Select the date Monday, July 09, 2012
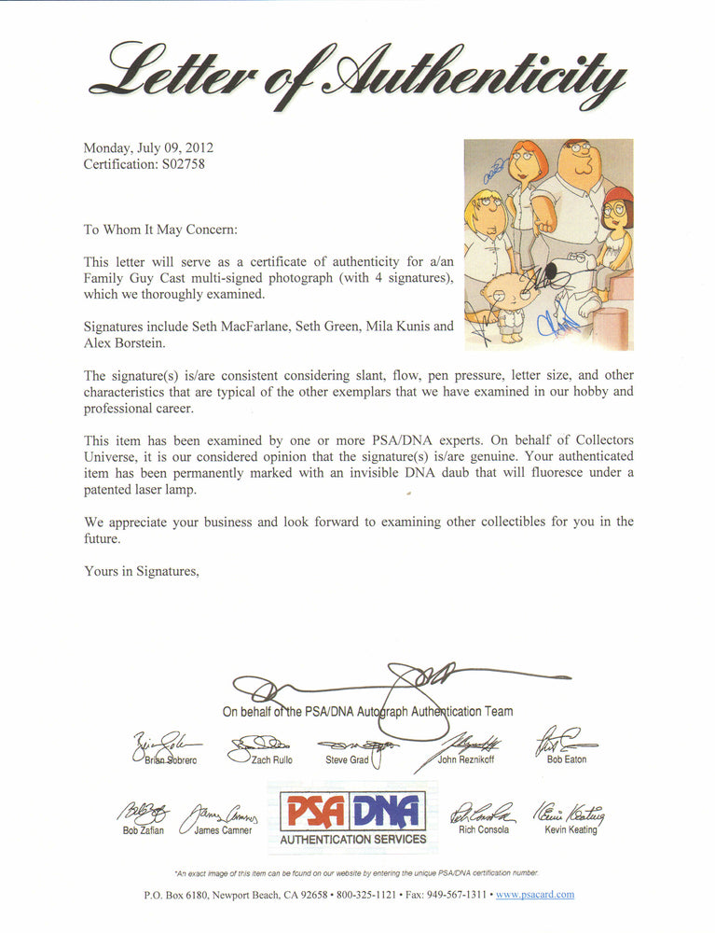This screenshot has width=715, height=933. coord(148,147)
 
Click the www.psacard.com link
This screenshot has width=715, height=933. coord(535,894)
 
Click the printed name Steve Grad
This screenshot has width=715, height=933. coord(347,760)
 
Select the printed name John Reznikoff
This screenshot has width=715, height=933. coord(467,760)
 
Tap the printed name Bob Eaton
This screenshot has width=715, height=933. coord(567,760)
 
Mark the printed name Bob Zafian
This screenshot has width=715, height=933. coord(144,830)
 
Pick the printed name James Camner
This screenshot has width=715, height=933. coord(223,830)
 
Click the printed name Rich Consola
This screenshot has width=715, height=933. coord(484,829)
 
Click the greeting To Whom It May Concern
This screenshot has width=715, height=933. coord(160,229)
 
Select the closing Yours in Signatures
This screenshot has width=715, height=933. coord(141,571)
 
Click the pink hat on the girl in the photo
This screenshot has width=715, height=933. coord(620,194)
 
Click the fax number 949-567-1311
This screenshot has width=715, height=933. coord(468,894)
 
